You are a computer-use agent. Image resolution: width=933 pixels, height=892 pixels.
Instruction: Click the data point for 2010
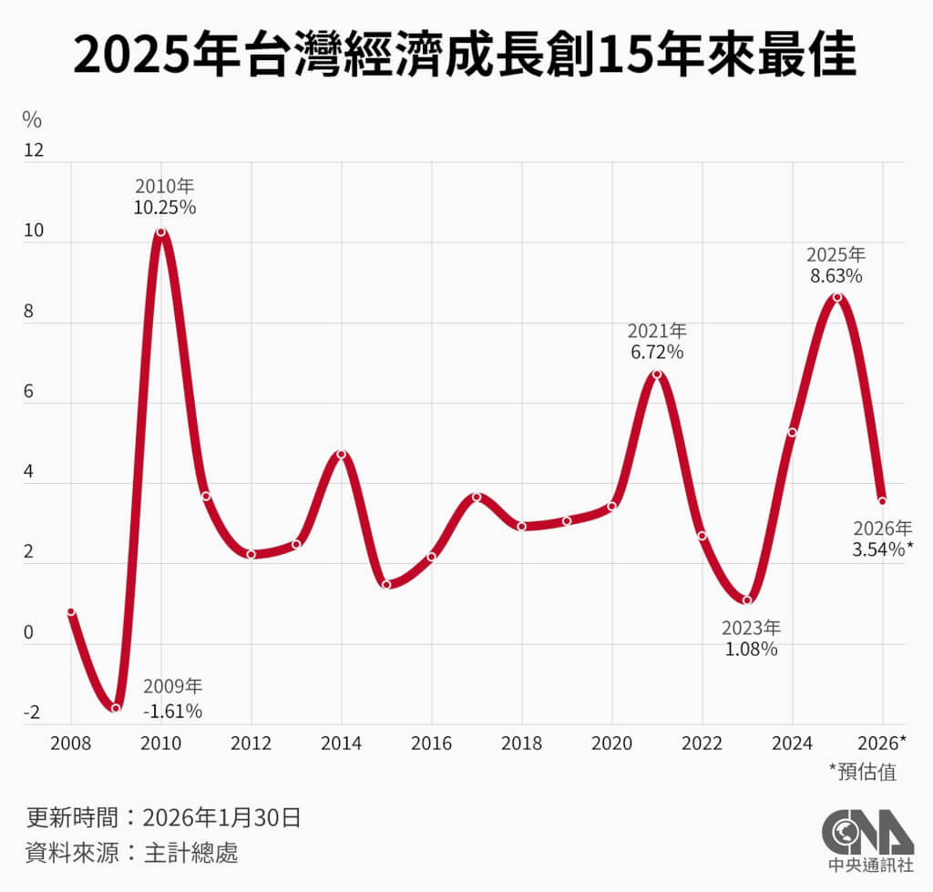pos(161,232)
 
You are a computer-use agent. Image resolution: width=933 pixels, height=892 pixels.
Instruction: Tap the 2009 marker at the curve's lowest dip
pos(116,708)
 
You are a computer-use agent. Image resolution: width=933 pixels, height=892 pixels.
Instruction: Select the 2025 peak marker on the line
pos(837,297)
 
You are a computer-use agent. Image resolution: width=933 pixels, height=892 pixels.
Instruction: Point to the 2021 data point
pos(657,374)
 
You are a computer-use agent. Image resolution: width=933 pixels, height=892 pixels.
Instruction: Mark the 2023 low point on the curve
pos(747,600)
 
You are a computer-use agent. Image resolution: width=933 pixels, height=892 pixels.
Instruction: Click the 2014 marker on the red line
pos(342,454)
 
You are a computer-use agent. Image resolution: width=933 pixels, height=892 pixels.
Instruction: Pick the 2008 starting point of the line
pos(71,611)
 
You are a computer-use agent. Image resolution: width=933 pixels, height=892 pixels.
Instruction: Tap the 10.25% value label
pos(164,207)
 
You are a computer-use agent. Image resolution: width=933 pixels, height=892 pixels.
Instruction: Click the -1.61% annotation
pos(172,711)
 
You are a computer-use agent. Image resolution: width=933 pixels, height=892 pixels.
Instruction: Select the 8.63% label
pos(836,273)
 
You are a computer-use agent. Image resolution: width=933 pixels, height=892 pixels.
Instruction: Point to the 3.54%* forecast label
pos(883,549)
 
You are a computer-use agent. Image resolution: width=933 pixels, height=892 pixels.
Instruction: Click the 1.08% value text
pos(751,650)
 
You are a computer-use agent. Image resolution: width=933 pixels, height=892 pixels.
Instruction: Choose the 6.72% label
pos(657,352)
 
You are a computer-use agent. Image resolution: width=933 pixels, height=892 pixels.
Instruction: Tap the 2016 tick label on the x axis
pos(432,743)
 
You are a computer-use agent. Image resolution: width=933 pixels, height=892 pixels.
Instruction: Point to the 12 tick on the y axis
pos(33,150)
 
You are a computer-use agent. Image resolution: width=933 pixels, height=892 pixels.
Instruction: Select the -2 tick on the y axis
pos(32,713)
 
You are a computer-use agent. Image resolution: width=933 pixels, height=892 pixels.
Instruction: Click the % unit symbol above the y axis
pos(32,119)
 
